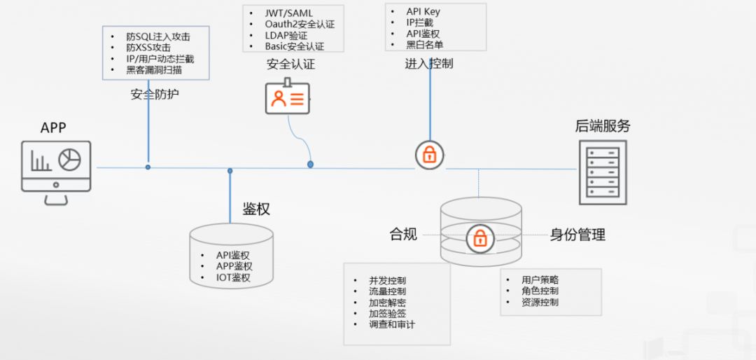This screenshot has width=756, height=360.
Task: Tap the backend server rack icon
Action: pos(602,172)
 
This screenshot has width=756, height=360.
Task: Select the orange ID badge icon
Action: pos(287,98)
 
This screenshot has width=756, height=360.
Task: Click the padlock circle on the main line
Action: pos(430,155)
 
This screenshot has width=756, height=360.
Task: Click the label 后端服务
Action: pos(603,126)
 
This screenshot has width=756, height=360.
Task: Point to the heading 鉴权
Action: pos(256,209)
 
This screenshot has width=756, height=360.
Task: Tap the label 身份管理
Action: pos(577,235)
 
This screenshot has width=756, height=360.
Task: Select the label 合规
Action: pos(403,234)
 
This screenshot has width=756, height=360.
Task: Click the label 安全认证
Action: pos(290,64)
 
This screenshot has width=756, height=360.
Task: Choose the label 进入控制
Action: pos(428,63)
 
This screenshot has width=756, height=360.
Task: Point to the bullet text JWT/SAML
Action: pos(288,13)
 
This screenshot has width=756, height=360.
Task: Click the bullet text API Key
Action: pos(423,12)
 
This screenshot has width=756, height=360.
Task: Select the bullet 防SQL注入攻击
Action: pos(158,36)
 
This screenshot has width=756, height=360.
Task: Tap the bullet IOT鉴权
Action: pos(233,277)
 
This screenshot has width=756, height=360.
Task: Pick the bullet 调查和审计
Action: pos(392,324)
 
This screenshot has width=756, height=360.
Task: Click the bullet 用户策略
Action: pos(540,279)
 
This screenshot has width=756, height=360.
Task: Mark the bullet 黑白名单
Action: pos(425,45)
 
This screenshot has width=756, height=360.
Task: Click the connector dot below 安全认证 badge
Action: pos(310,164)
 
